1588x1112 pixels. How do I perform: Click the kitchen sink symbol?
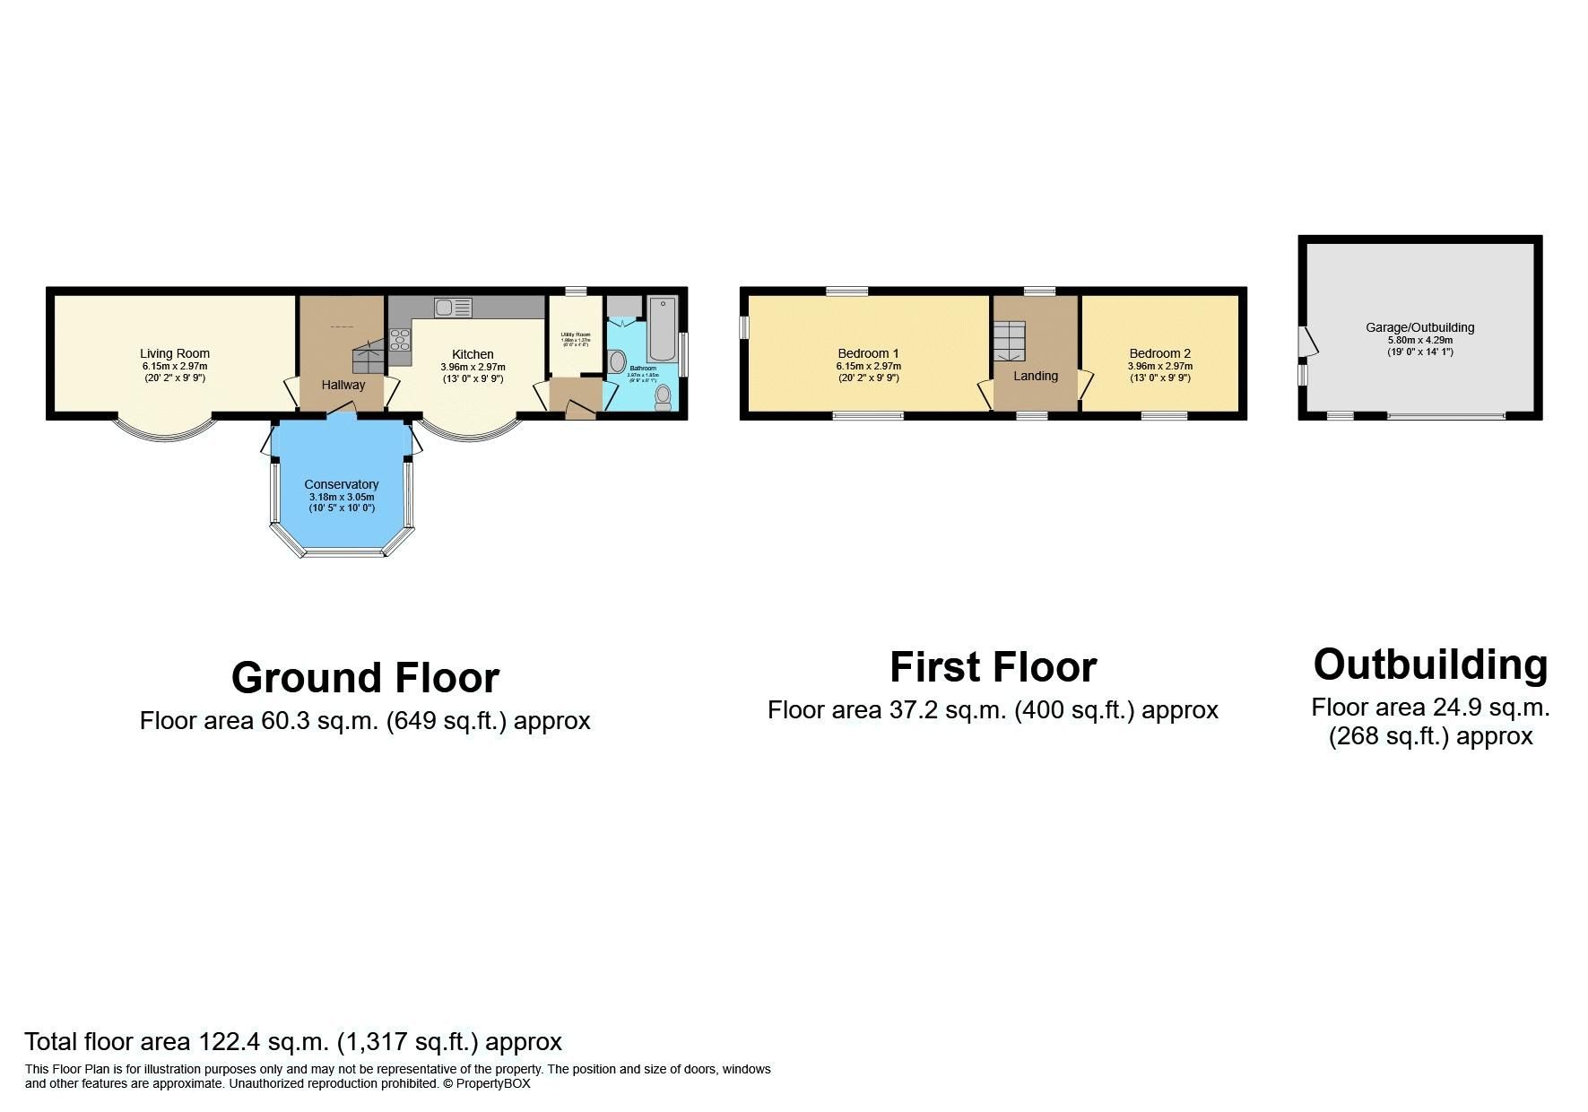(x=453, y=308)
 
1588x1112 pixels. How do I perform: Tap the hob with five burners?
(x=400, y=340)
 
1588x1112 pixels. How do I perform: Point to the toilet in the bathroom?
(x=664, y=396)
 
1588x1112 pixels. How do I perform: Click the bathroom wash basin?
(x=617, y=362)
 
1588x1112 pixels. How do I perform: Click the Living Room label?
(x=175, y=353)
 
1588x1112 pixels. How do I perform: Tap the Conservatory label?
(x=342, y=484)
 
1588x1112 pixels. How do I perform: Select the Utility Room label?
(x=576, y=334)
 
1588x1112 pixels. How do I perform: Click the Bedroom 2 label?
(x=1160, y=353)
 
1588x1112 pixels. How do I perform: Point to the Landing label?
(x=1036, y=376)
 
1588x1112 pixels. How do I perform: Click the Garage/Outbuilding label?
(x=1420, y=327)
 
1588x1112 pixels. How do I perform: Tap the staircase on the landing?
(x=1009, y=341)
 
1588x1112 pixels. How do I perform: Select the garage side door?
(x=1307, y=342)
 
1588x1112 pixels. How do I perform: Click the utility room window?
(x=576, y=291)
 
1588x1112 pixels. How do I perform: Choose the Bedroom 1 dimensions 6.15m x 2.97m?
(x=869, y=366)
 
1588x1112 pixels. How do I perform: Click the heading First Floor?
(x=993, y=667)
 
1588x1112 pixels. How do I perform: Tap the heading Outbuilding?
(x=1430, y=665)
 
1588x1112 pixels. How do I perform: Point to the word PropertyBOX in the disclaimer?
(x=493, y=1083)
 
